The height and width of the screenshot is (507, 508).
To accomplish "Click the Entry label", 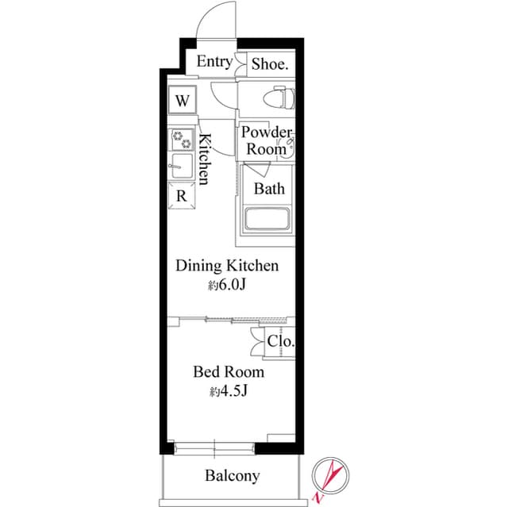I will [214, 62].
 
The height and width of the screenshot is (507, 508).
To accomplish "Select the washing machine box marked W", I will [183, 101].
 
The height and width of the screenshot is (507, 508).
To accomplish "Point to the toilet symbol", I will [279, 98].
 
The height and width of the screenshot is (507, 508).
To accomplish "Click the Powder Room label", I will [266, 140].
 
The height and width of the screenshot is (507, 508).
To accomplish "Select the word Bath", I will [268, 189].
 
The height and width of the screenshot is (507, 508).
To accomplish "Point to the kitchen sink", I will [182, 167].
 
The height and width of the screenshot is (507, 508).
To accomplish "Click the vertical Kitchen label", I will [203, 159].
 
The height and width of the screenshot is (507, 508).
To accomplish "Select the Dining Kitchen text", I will [226, 266].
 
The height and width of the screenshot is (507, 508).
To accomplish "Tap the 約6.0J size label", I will [229, 286].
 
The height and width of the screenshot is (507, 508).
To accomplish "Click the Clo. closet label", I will [280, 342].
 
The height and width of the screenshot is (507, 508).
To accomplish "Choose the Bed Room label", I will [229, 371].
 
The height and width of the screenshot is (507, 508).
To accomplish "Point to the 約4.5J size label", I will [229, 391].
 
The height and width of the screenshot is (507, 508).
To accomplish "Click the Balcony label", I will [232, 476].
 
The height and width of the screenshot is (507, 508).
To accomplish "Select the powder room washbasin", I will [290, 144].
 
